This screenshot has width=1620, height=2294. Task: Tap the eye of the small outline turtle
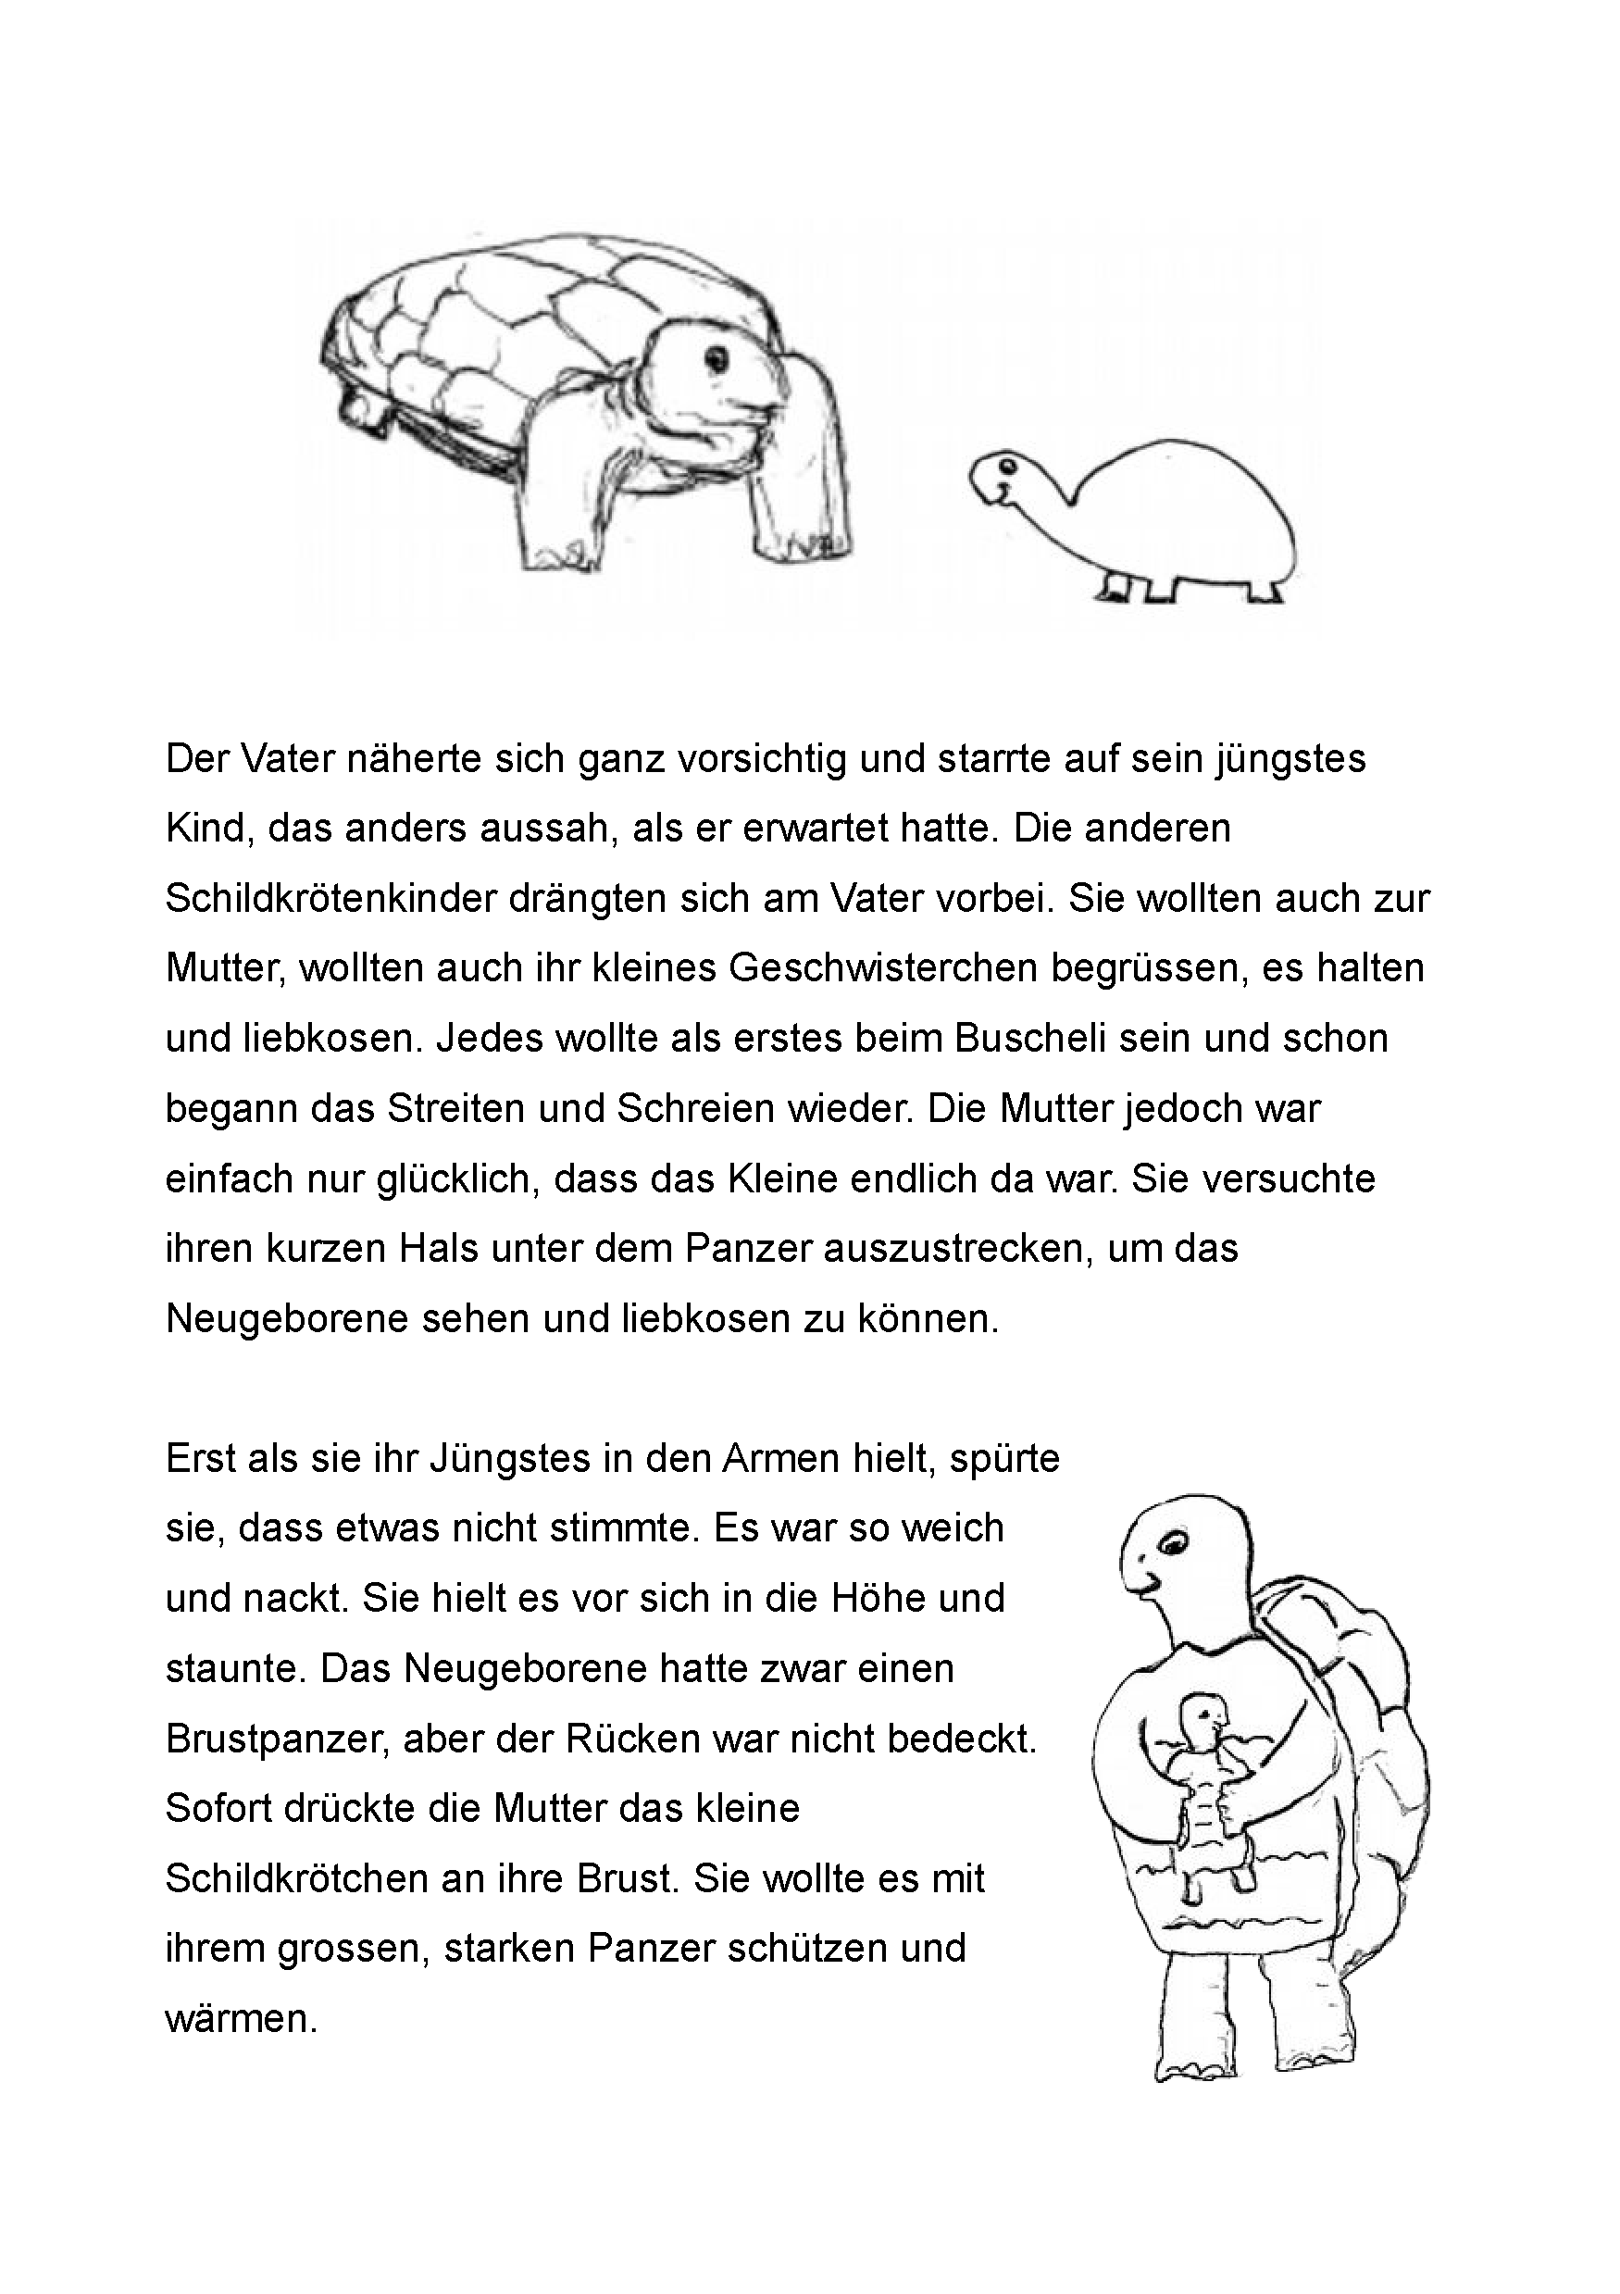(1006, 467)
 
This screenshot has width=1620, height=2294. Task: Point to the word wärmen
(241, 2019)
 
